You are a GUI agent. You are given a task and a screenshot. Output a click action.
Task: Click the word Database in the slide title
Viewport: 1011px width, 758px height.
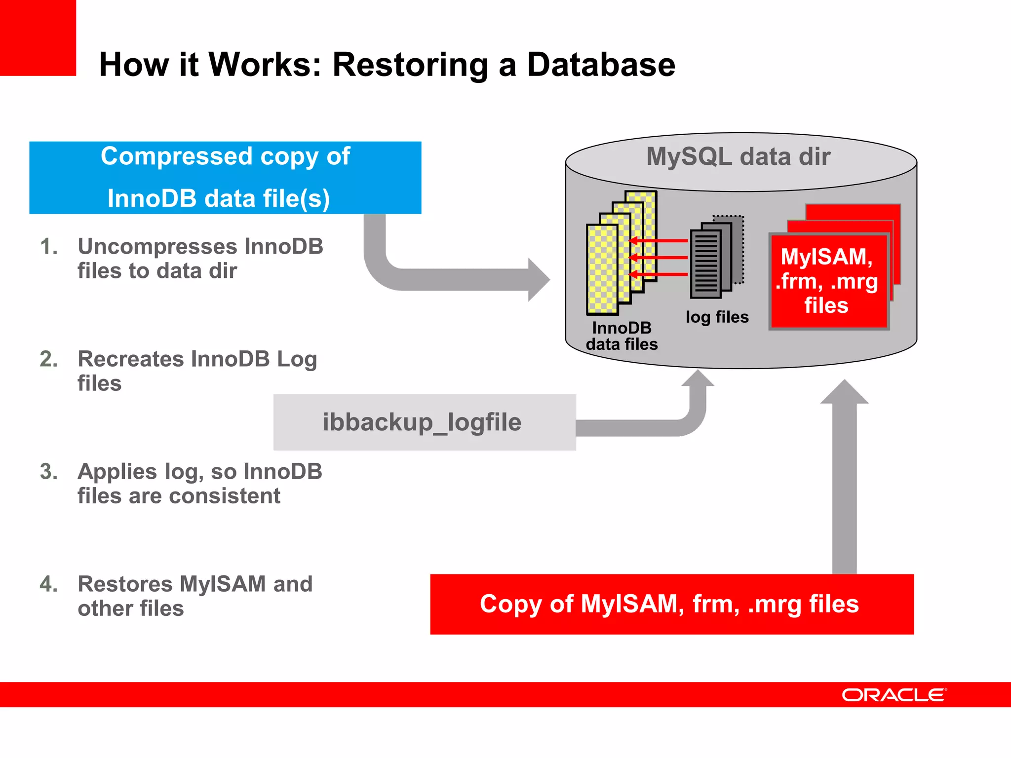[601, 65]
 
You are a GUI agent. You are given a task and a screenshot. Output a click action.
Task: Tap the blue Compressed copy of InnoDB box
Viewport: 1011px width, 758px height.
[225, 178]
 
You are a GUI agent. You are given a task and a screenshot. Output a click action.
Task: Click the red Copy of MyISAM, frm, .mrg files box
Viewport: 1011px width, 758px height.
[671, 604]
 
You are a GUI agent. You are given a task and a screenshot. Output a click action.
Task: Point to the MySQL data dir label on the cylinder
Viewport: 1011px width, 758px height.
[739, 157]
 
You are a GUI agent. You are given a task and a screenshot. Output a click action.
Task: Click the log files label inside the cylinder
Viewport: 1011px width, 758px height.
[717, 317]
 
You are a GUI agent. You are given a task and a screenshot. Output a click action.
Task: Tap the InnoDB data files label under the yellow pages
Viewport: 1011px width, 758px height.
[622, 336]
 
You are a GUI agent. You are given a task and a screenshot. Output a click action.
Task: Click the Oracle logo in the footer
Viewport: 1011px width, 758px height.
[894, 695]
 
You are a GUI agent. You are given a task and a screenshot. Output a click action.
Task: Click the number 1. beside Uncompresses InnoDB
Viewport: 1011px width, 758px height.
[48, 246]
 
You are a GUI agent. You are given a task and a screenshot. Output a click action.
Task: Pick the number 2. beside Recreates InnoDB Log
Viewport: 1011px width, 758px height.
[48, 359]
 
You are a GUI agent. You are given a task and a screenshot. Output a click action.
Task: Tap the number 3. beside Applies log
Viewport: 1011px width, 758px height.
[48, 471]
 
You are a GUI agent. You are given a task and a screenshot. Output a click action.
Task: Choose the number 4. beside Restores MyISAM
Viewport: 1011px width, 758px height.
[48, 584]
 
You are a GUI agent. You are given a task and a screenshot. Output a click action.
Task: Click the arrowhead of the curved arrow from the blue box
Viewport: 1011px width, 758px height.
[540, 279]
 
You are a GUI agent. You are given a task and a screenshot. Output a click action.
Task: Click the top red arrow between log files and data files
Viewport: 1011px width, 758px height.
[659, 241]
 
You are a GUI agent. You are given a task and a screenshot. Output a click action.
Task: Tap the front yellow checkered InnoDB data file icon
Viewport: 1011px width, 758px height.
[602, 269]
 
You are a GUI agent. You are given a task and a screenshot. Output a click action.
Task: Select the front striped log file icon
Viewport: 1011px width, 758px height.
[706, 264]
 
